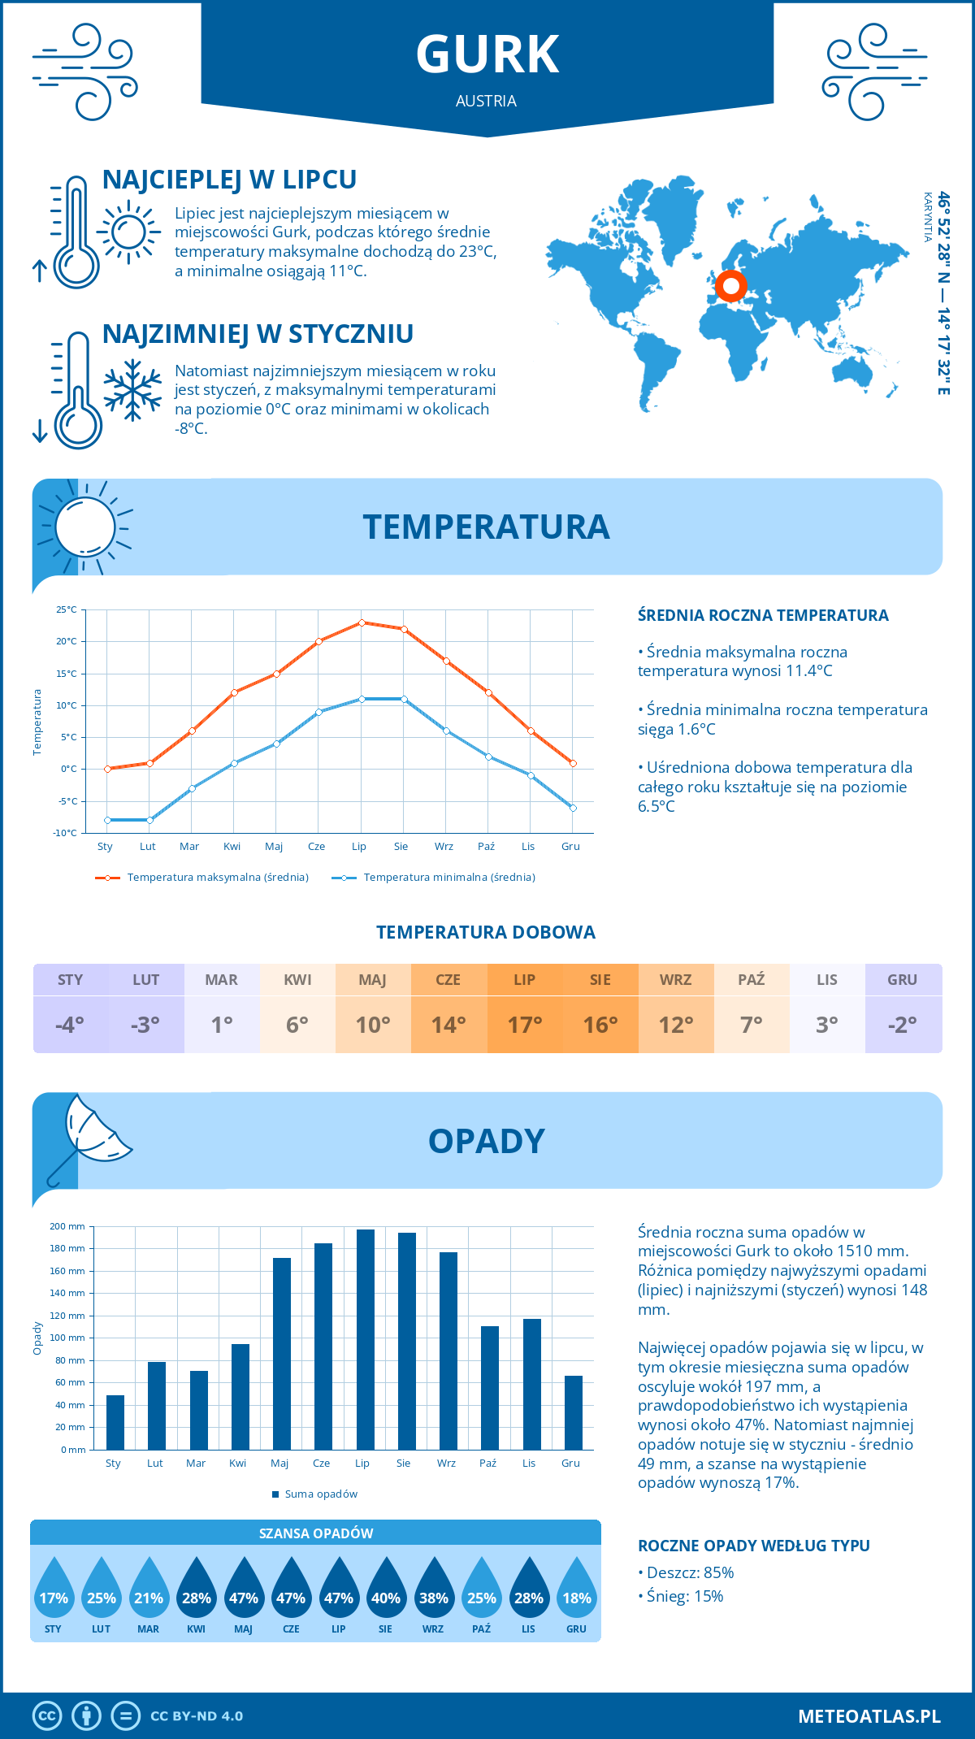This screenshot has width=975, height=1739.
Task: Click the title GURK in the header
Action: click(x=487, y=54)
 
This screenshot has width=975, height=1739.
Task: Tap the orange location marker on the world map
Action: click(x=730, y=286)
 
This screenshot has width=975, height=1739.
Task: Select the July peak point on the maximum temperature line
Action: click(x=362, y=622)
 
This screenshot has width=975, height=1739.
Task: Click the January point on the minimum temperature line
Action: click(x=107, y=820)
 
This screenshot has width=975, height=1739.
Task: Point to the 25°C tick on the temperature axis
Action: click(x=67, y=609)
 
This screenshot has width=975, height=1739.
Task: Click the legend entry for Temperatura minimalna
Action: click(x=434, y=878)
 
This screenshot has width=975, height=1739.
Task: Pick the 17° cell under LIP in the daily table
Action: click(x=524, y=1025)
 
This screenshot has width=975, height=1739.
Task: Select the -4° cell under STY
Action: click(x=70, y=1025)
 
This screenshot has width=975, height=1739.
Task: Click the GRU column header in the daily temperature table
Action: click(x=902, y=980)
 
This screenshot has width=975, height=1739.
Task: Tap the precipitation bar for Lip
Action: click(x=366, y=1339)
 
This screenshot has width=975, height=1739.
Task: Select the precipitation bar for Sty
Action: click(x=115, y=1422)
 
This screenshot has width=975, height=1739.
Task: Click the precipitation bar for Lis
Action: click(x=532, y=1384)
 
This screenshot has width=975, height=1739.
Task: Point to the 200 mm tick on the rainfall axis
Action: click(x=68, y=1226)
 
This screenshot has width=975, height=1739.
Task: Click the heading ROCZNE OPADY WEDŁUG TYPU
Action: click(x=753, y=1546)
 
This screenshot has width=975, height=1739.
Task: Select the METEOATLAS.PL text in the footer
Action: click(x=869, y=1716)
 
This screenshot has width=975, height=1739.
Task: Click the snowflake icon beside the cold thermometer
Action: click(x=132, y=390)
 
